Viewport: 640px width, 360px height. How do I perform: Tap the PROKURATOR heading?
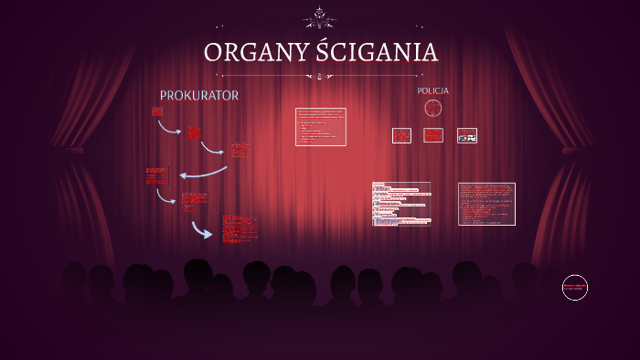pos(199,95)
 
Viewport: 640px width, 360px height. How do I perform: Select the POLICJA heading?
pos(432,91)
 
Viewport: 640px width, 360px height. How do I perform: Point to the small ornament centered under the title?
pos(319,76)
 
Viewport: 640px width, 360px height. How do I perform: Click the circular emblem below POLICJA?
pos(433,109)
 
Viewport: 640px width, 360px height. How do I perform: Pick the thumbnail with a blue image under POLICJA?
pos(466,136)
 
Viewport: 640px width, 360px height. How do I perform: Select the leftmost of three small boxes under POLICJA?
pos(401,135)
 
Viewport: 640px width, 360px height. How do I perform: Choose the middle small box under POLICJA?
pos(433,135)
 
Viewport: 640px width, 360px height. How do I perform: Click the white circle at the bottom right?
pos(574,288)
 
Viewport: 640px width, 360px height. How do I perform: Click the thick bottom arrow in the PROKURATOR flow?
pos(201,230)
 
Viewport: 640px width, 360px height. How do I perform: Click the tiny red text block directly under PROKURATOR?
pos(156,111)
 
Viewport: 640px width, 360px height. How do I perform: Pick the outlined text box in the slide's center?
pos(320,127)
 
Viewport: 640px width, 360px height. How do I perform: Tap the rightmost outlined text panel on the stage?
pos(486,204)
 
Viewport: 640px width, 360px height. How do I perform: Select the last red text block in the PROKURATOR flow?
pos(240,228)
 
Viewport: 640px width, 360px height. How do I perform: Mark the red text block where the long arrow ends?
pos(157,175)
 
